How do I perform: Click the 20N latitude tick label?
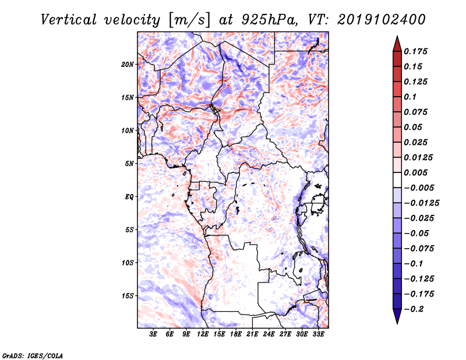(128, 64)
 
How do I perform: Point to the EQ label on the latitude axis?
(129, 196)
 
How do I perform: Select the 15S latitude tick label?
(128, 295)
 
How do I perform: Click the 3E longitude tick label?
(154, 335)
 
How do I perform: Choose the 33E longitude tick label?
(318, 335)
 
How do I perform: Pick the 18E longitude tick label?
(236, 335)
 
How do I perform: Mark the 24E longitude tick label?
(269, 335)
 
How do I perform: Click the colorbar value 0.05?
(414, 127)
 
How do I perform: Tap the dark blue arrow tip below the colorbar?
(397, 319)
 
